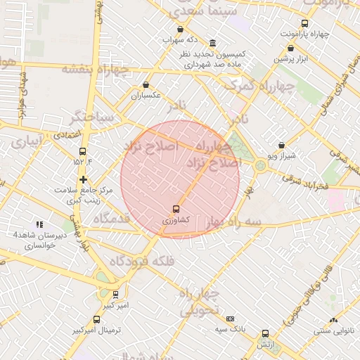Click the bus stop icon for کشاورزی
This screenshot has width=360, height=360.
pyautogui.click(x=176, y=209)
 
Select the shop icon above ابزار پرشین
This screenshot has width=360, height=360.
pyautogui.click(x=291, y=48)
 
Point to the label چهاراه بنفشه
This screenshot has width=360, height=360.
pyautogui.click(x=96, y=69)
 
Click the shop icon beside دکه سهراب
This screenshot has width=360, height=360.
pyautogui.click(x=180, y=30)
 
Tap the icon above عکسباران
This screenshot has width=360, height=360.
pyautogui.click(x=146, y=84)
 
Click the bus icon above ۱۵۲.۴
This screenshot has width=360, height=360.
pyautogui.click(x=82, y=151)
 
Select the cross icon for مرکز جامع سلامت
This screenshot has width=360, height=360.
pyautogui.click(x=83, y=179)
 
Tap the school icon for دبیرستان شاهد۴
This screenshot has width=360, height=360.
pyautogui.click(x=49, y=224)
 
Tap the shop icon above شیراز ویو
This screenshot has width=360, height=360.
pyautogui.click(x=282, y=145)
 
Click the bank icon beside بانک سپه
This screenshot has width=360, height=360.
pyautogui.click(x=230, y=319)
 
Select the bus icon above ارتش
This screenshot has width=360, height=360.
pyautogui.click(x=265, y=334)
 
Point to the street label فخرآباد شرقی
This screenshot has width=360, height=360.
pyautogui.click(x=305, y=181)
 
